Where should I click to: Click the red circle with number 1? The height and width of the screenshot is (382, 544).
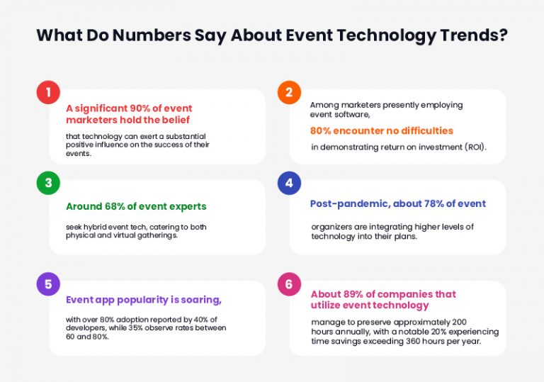pos(48,93)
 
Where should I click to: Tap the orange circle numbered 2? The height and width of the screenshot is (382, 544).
pos(288,93)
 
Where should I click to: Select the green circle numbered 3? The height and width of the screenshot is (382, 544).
pos(48,183)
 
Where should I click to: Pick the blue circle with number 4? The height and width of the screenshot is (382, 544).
pos(288,183)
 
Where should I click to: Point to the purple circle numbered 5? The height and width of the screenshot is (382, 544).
pos(48,283)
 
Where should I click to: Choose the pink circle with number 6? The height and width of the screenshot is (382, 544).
pos(288,283)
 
